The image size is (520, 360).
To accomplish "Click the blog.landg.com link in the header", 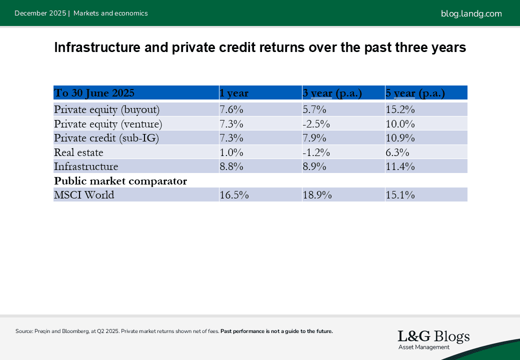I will click(x=471, y=13).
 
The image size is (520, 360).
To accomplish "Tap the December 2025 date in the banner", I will click(x=40, y=13).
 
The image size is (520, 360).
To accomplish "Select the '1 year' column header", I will click(x=234, y=93).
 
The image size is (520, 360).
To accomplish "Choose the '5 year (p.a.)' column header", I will click(x=415, y=93).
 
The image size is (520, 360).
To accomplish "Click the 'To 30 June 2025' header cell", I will click(x=94, y=93).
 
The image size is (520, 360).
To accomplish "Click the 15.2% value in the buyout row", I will click(x=400, y=109).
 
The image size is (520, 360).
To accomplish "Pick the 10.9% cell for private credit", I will click(x=400, y=137).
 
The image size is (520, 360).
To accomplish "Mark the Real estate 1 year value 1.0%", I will click(x=231, y=152).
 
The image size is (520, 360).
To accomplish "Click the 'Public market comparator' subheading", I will click(x=120, y=181).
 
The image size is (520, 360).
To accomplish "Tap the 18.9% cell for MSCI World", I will click(x=317, y=195).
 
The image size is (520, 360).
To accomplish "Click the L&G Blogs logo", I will click(x=433, y=339).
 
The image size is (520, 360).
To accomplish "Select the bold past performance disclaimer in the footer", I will click(x=276, y=331).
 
